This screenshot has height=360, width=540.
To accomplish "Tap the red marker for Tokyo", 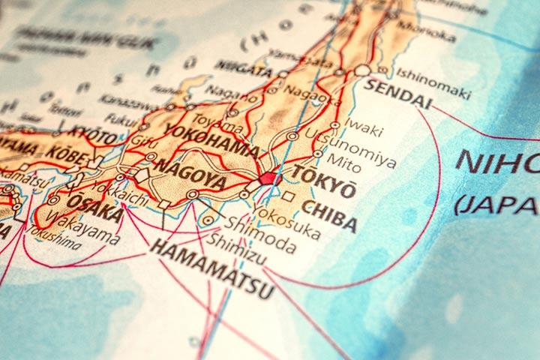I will point(268,178).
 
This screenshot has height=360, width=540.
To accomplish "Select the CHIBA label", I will point(328,206).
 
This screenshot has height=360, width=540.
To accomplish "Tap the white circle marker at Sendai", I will point(363,70).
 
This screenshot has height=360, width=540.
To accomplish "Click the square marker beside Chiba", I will point(288,196).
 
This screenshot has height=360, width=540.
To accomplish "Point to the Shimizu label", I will point(235,241).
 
